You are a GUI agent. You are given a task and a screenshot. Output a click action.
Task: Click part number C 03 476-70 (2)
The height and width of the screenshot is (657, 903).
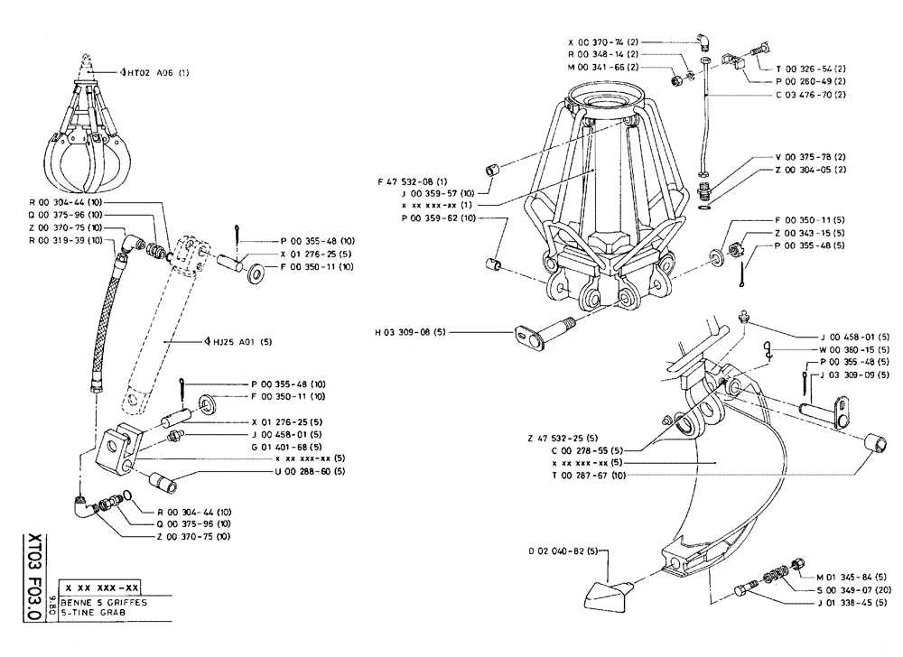811,93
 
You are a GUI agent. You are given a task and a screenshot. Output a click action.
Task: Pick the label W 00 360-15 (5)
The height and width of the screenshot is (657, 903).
853,350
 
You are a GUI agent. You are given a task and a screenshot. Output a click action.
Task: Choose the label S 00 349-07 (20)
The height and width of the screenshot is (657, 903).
851,590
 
